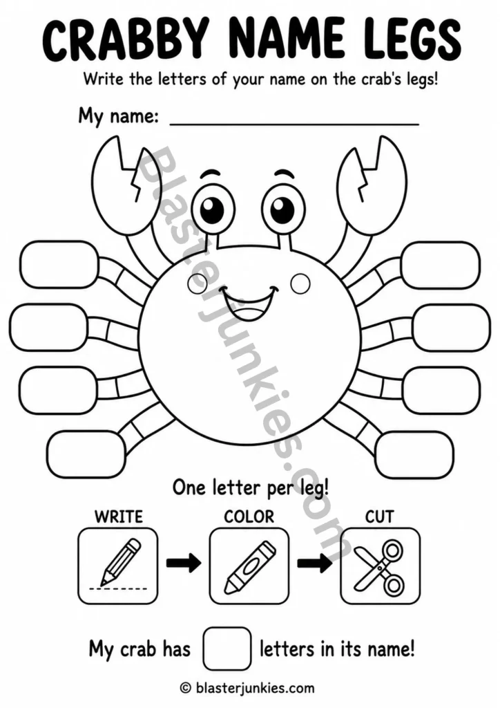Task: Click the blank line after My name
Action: (x=294, y=124)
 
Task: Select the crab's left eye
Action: (x=212, y=209)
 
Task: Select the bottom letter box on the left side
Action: (x=86, y=455)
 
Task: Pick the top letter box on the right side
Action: (x=441, y=265)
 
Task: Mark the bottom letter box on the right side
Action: (x=414, y=455)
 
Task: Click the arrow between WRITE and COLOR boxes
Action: (x=184, y=563)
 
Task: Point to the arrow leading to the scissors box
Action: (x=314, y=563)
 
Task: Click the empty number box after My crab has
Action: (x=227, y=649)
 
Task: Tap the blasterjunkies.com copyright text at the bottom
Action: (x=247, y=688)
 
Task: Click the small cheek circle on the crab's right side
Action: (x=300, y=284)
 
